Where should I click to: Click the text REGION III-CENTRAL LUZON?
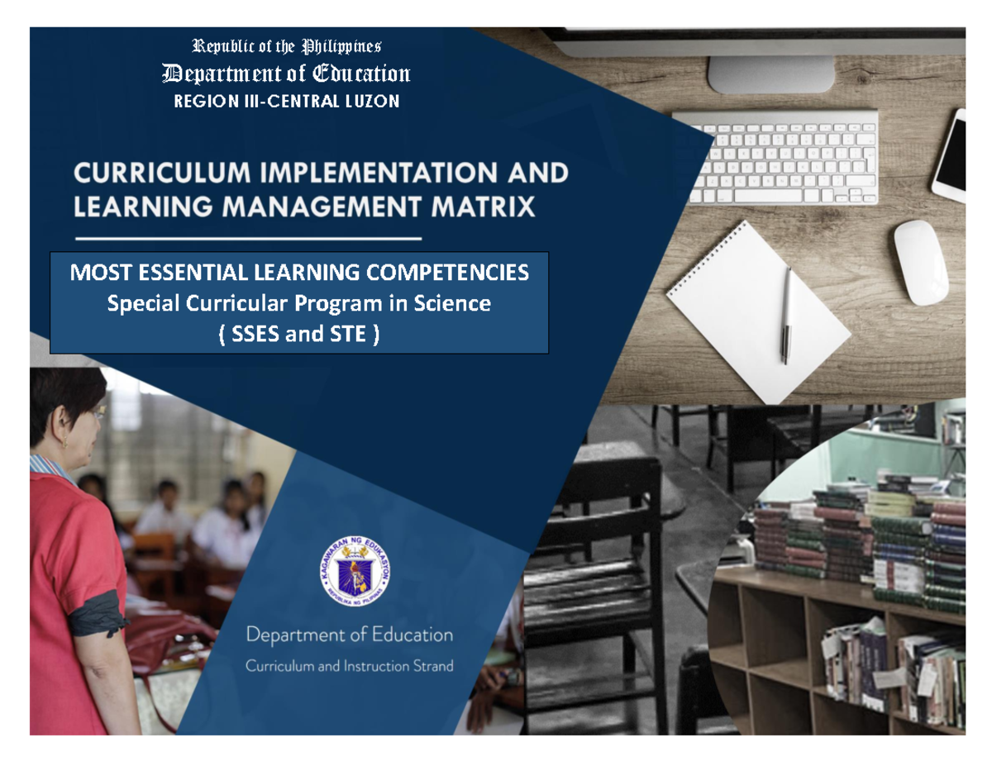(286, 102)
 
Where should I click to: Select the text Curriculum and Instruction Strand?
(349, 666)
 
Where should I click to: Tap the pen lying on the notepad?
(787, 314)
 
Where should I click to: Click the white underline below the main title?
(248, 238)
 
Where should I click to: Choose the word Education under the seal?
(411, 635)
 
